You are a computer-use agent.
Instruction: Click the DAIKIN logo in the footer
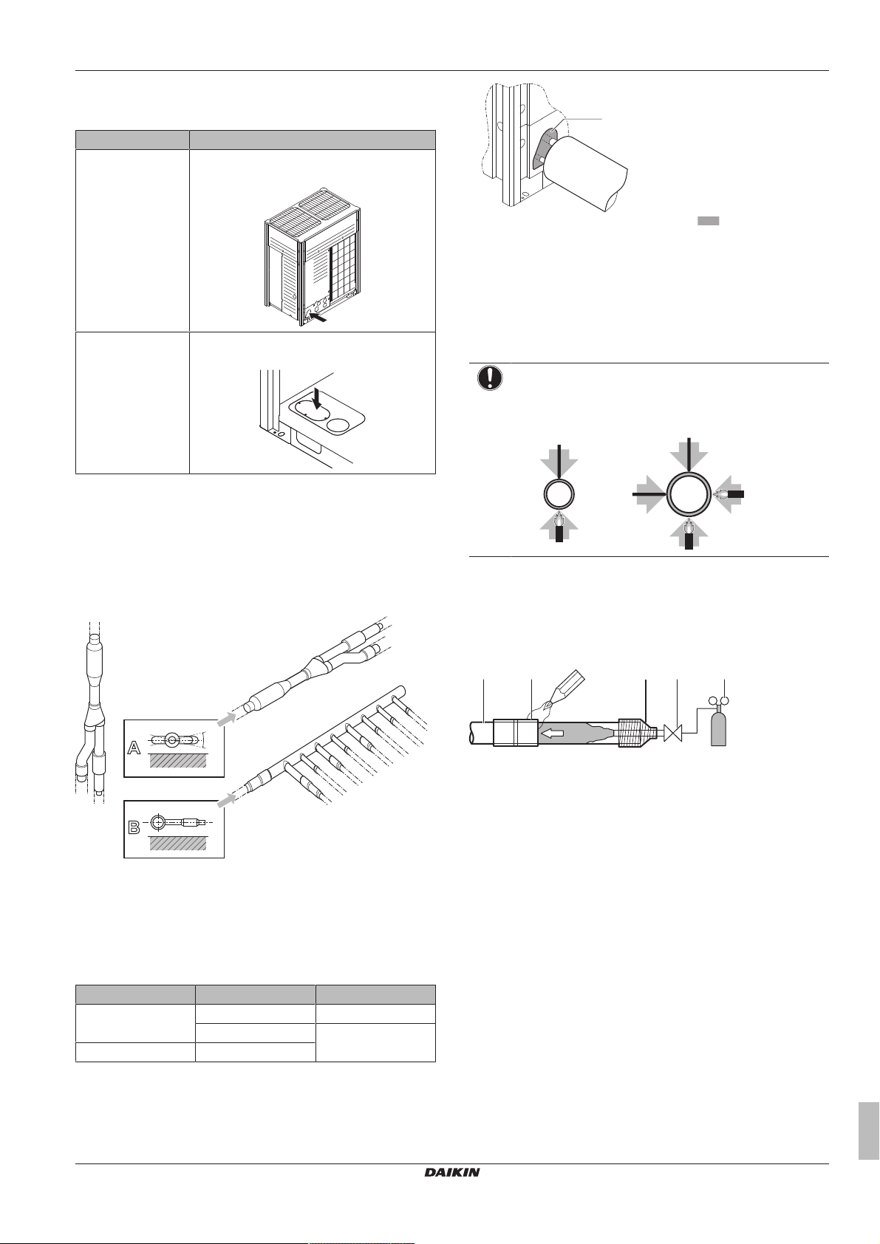click(x=452, y=1172)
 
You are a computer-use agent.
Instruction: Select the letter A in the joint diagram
click(x=134, y=748)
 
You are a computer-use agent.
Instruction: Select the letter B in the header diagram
click(x=134, y=827)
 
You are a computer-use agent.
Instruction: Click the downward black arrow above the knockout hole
click(x=318, y=400)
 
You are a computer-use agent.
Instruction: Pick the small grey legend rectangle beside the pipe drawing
click(x=709, y=221)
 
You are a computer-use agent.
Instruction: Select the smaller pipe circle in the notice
click(x=558, y=493)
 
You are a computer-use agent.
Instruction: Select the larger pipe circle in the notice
click(x=689, y=493)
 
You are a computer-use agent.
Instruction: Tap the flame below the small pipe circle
click(x=559, y=521)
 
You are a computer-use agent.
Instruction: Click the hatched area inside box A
click(x=178, y=760)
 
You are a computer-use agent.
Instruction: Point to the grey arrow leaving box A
click(x=225, y=720)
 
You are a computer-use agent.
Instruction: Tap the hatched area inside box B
click(x=178, y=843)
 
